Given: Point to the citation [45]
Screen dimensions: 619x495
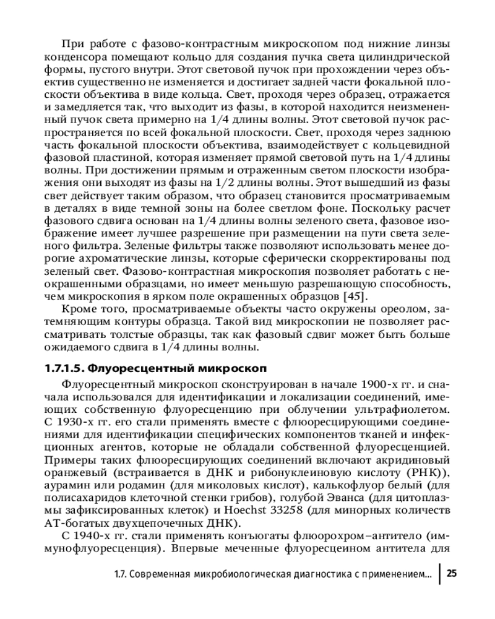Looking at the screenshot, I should (x=353, y=296).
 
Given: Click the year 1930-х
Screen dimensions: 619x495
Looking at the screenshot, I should (x=74, y=421).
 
